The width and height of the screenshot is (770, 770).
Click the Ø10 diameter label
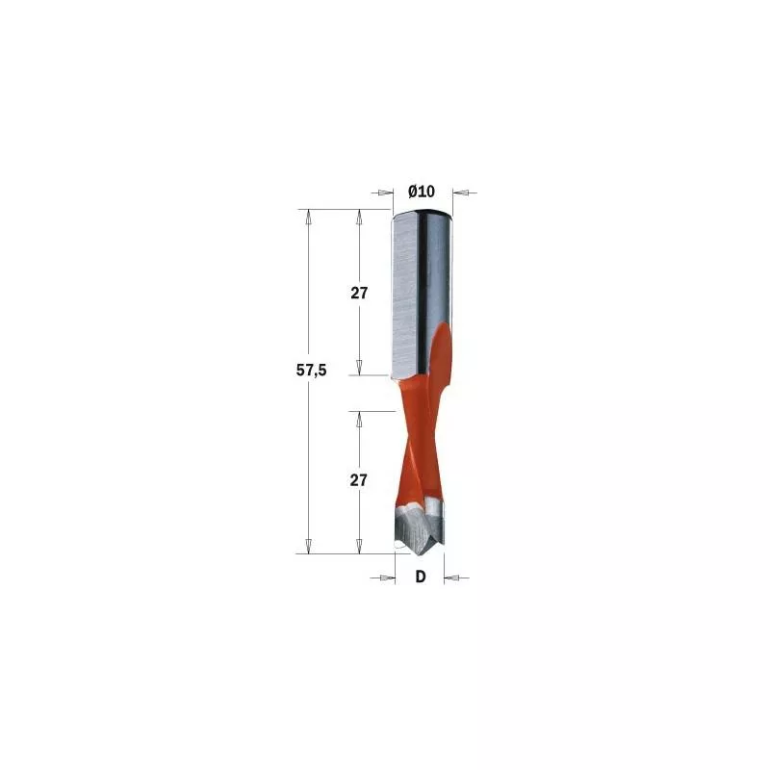422,191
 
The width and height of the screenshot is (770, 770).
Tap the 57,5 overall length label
311,371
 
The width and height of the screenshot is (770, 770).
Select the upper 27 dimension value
359,294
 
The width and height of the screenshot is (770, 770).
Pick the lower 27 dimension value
358,479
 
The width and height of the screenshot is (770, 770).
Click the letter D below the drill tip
421,577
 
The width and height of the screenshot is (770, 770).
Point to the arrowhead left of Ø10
387,192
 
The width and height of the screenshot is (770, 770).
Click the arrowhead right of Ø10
459,192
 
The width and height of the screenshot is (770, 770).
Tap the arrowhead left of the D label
389,577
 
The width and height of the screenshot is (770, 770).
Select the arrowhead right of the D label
451,577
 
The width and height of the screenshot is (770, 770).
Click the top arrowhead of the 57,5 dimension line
308,217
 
